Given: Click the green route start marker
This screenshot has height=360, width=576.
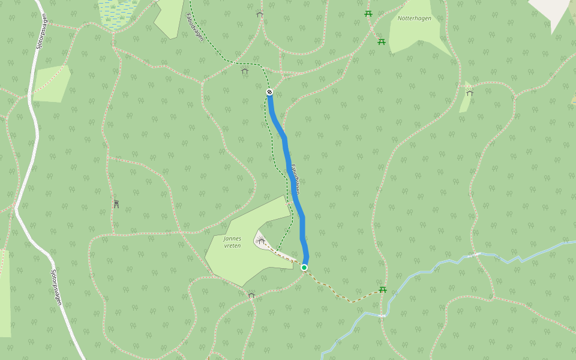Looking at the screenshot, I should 304,267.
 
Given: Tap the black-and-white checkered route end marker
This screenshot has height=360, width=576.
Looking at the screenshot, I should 269,92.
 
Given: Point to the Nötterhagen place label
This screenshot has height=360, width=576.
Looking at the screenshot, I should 414,18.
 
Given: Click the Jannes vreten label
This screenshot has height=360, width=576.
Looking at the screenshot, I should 232,242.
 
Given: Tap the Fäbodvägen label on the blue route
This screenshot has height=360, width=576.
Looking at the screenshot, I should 295,179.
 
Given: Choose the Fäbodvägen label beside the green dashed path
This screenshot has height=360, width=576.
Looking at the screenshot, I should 195,28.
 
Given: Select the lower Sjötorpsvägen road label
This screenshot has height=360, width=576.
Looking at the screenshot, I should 56,287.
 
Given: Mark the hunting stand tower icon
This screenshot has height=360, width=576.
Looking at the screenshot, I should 116,204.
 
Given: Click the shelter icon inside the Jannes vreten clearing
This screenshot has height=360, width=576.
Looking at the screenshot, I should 261,241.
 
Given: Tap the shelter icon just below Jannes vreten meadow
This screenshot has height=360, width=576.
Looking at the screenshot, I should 251,295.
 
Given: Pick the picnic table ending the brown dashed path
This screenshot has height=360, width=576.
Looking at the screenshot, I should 382,290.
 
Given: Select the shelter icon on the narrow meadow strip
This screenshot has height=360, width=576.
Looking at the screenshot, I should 469,92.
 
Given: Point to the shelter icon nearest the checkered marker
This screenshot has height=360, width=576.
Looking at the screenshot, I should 244,71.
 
